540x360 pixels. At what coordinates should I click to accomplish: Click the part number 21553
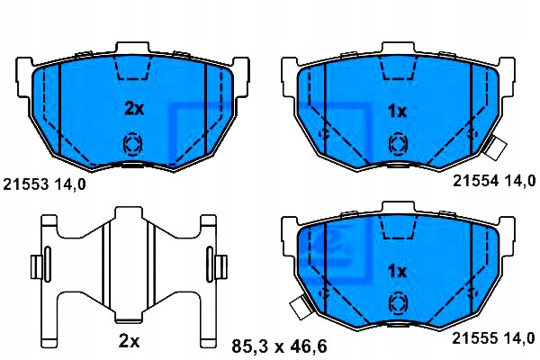26,184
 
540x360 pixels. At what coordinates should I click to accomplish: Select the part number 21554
475,181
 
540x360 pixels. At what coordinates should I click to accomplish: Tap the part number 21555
475,338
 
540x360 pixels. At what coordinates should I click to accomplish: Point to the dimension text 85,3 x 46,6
279,346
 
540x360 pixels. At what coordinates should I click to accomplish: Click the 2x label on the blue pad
134,109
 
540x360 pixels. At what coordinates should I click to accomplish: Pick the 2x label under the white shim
129,341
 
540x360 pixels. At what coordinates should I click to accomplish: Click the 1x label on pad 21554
398,112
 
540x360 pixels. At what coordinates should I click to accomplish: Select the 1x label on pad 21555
397,272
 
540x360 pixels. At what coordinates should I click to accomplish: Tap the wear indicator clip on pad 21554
495,148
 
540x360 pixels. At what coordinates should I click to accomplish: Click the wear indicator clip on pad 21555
301,307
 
